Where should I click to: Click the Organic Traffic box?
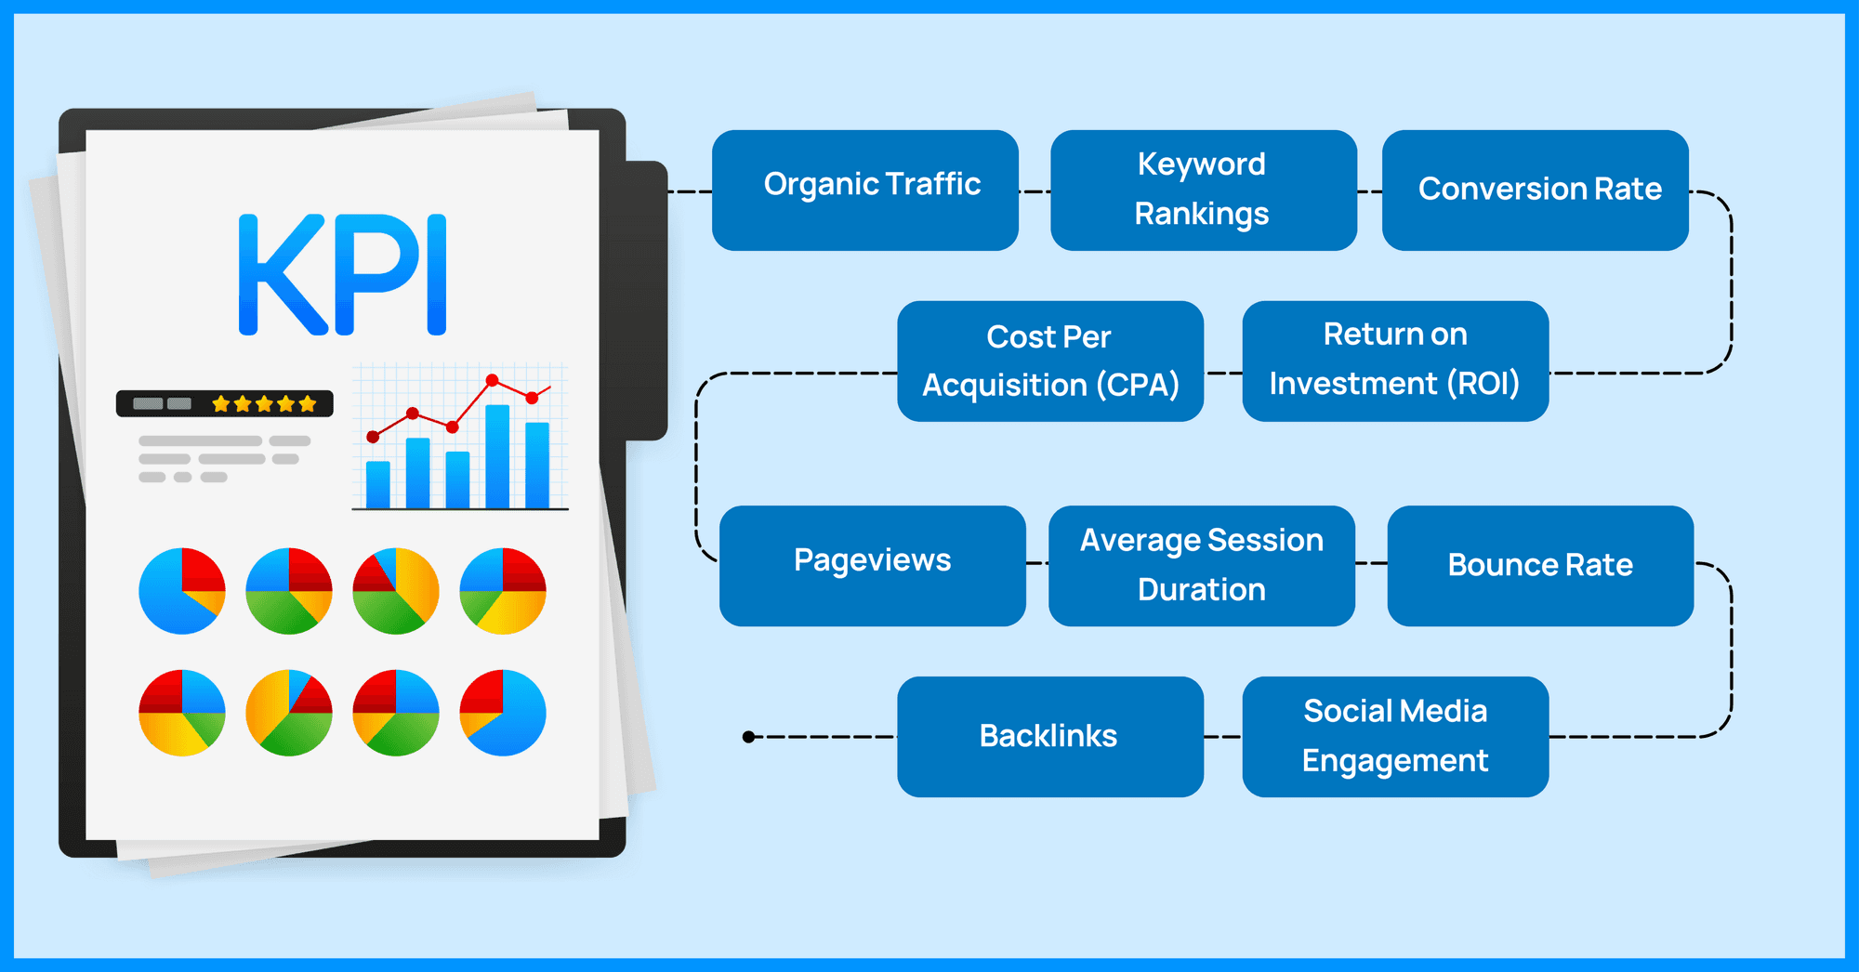pyautogui.click(x=864, y=190)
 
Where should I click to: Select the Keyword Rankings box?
pyautogui.click(x=1203, y=190)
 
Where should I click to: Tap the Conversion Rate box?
pyautogui.click(x=1535, y=190)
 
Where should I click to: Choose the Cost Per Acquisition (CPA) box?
pyautogui.click(x=1049, y=361)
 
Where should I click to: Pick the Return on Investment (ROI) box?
pyautogui.click(x=1394, y=361)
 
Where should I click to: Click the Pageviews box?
pyautogui.click(x=872, y=565)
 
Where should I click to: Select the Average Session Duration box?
pyautogui.click(x=1201, y=565)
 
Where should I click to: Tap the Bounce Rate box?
pyautogui.click(x=1539, y=565)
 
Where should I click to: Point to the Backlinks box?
pyautogui.click(x=1049, y=736)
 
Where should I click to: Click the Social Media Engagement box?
pyautogui.click(x=1394, y=736)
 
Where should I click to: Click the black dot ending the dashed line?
pyautogui.click(x=749, y=737)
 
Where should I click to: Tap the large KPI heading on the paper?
pyautogui.click(x=342, y=274)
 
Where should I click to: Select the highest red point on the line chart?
pyautogui.click(x=492, y=380)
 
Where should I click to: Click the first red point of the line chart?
pyautogui.click(x=373, y=437)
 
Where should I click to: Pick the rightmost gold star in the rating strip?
pyautogui.click(x=308, y=404)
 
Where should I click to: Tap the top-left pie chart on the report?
pyautogui.click(x=182, y=591)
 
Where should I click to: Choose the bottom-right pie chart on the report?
pyautogui.click(x=503, y=713)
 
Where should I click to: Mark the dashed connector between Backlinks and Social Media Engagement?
pyautogui.click(x=1222, y=737)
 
